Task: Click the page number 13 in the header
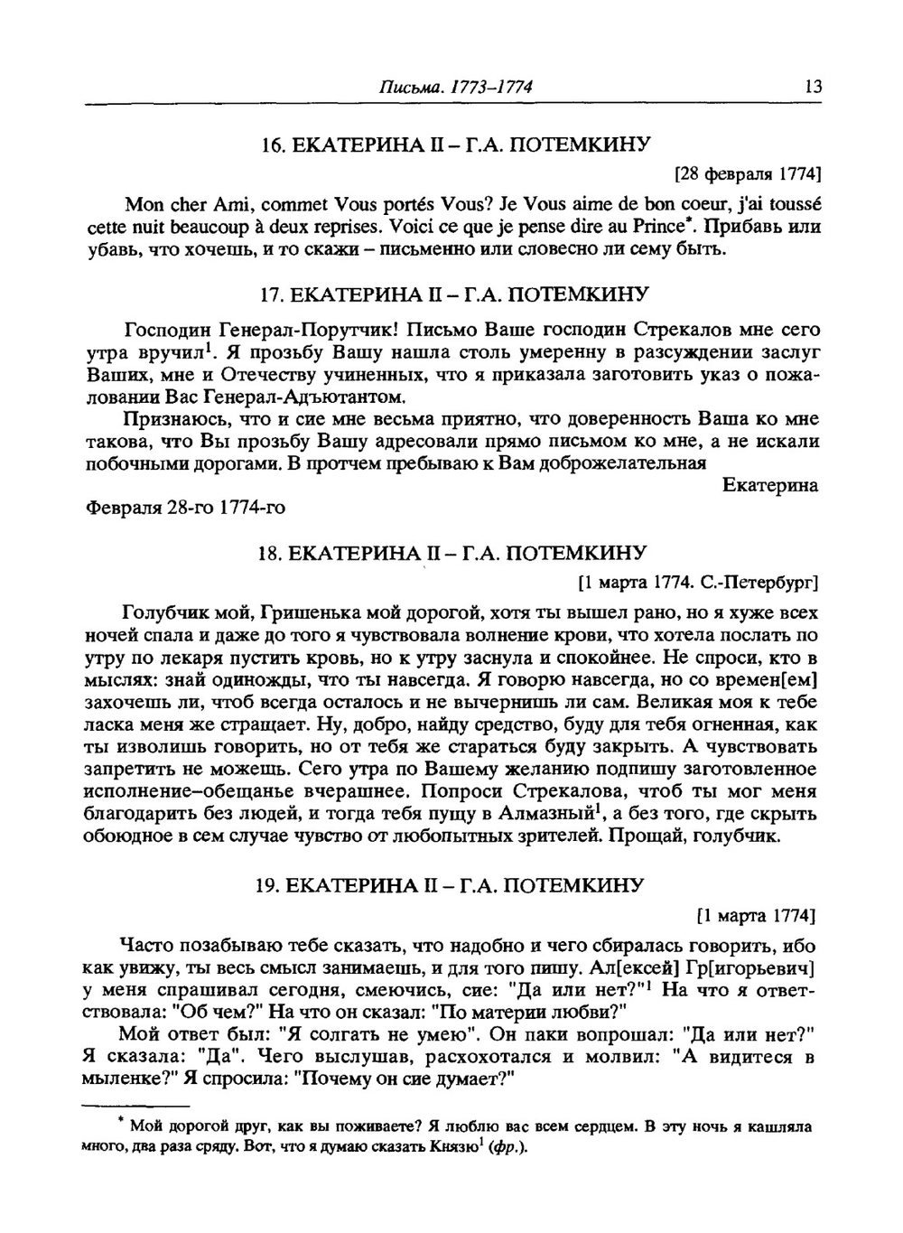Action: pyautogui.click(x=812, y=88)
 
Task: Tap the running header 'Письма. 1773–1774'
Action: pyautogui.click(x=455, y=88)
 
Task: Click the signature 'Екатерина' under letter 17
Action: pyautogui.click(x=770, y=486)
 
